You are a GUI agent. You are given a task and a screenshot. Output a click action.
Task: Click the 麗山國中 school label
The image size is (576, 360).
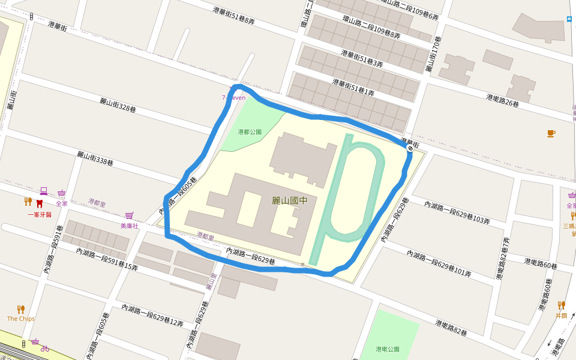[289, 200]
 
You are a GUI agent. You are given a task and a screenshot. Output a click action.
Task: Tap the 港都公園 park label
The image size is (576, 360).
[250, 131]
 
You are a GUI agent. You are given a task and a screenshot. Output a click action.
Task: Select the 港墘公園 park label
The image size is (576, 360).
[387, 349]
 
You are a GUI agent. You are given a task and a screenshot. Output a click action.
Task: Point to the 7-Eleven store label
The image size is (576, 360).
[233, 97]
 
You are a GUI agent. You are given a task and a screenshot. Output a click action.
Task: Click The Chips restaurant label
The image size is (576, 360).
[20, 319]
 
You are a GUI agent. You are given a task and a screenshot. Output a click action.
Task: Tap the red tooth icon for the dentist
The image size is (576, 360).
[40, 203]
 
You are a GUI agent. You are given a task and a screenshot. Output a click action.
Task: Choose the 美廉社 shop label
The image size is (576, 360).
[129, 226]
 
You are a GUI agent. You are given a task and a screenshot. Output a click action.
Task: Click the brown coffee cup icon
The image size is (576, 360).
[551, 133]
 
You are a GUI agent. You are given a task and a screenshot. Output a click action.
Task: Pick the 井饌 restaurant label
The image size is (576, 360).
[561, 315]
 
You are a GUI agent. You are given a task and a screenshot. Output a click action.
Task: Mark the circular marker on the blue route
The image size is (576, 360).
[410, 148]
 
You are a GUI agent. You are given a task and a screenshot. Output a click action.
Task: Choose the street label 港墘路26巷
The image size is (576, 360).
[502, 100]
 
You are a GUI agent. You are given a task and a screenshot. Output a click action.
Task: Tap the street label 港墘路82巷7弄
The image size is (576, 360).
[503, 258]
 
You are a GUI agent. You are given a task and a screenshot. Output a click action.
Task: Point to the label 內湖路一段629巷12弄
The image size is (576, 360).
[152, 315]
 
